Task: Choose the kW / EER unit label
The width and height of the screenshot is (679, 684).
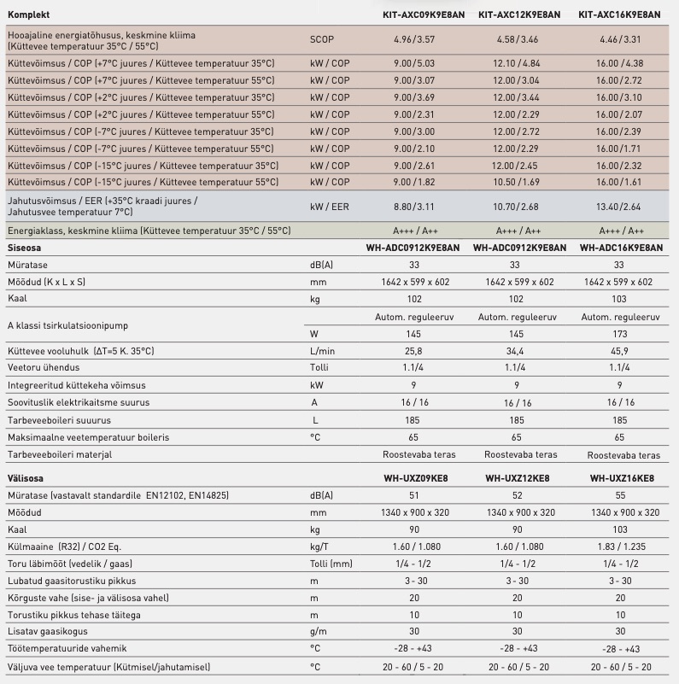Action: tap(329, 207)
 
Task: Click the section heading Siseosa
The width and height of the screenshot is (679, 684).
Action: tap(24, 248)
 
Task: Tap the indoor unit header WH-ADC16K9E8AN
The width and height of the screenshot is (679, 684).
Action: tap(621, 248)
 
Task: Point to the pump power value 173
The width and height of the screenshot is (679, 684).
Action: tap(621, 334)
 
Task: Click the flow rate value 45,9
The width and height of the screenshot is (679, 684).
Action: tap(621, 351)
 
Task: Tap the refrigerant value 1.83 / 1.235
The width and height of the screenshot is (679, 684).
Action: tap(621, 547)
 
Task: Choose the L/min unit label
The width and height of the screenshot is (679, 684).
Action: tap(323, 351)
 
